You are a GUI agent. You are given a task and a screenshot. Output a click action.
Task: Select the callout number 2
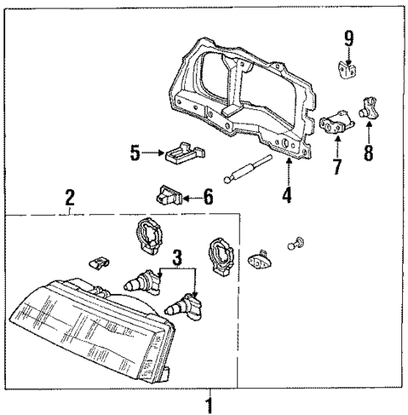(70, 198)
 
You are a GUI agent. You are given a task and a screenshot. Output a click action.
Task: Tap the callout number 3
(176, 257)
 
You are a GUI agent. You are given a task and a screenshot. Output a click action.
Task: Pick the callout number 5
(134, 154)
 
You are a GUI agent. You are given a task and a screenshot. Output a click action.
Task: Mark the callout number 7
(336, 165)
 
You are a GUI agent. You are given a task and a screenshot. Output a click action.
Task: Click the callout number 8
(368, 155)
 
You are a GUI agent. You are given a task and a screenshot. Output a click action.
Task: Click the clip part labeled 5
(183, 153)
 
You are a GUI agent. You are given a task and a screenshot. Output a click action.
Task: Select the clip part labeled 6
(167, 198)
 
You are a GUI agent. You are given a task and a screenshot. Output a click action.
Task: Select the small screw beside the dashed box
(294, 244)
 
